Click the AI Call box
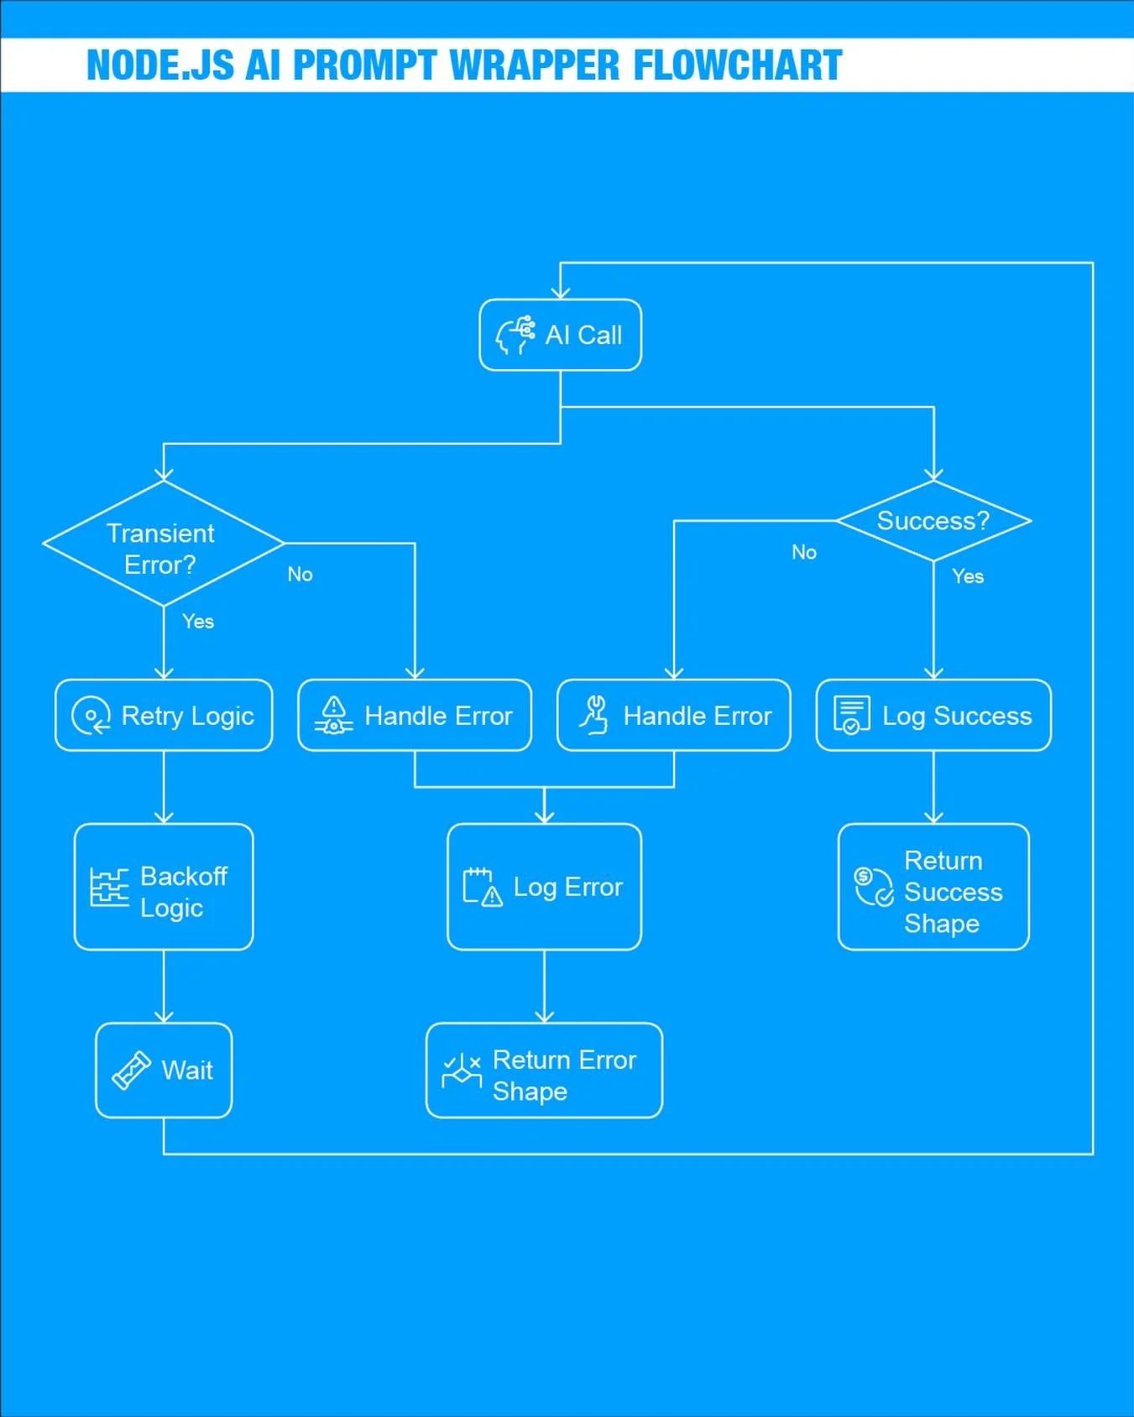pos(560,335)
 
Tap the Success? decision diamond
pos(933,521)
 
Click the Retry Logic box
pos(164,716)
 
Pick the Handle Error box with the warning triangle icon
pos(415,716)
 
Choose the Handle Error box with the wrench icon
pos(673,716)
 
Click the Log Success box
pos(933,716)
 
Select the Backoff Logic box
pos(164,887)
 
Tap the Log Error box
pos(544,887)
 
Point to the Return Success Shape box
pos(933,887)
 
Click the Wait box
pos(164,1071)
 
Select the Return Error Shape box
pos(544,1071)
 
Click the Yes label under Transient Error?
pos(198,622)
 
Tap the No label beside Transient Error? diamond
pos(300,575)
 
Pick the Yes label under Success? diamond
pos(968,576)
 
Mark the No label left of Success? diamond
pos(803,552)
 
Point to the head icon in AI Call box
pos(515,335)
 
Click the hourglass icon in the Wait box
pos(131,1071)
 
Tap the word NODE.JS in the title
pos(159,65)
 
